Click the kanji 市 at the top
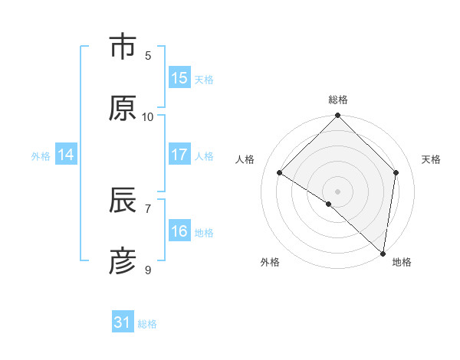(x=123, y=47)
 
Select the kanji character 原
(x=123, y=108)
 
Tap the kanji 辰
(x=123, y=201)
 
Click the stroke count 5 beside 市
(x=148, y=55)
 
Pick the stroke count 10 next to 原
(x=148, y=116)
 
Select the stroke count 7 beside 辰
(x=148, y=208)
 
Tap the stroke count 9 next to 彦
(x=148, y=270)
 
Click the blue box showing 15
(x=179, y=78)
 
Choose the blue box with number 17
(x=179, y=155)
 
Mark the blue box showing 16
(x=179, y=231)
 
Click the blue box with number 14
(x=66, y=155)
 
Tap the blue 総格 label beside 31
(x=147, y=324)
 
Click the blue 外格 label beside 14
(x=41, y=155)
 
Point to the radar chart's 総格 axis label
(x=338, y=100)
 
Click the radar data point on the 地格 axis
(x=383, y=253)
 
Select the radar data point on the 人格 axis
(x=280, y=172)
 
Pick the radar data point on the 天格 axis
(x=396, y=172)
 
